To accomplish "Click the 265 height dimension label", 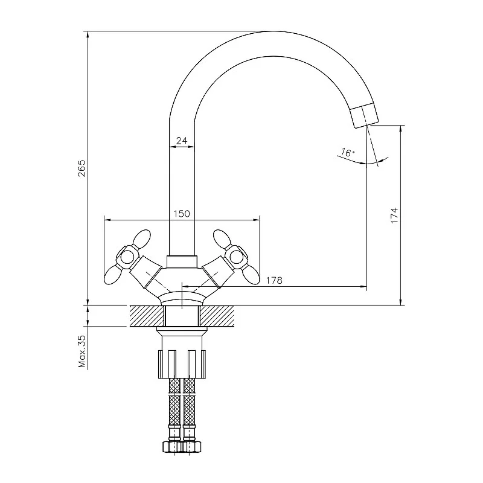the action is click(x=82, y=168).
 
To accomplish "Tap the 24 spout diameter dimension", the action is click(x=182, y=141).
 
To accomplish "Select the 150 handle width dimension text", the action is click(x=182, y=214).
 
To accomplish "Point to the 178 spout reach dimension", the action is click(x=274, y=280).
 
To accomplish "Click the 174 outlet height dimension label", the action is click(x=394, y=216).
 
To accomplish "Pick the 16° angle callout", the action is click(x=347, y=152).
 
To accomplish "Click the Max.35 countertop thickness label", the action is click(x=82, y=351).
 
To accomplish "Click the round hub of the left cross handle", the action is click(x=127, y=256).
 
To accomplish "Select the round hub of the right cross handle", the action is click(x=237, y=256).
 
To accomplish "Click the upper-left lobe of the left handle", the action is click(x=141, y=238).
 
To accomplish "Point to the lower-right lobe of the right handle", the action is click(x=250, y=275).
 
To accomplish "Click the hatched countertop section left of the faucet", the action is click(x=146, y=316).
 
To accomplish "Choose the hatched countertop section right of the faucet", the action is click(x=217, y=316).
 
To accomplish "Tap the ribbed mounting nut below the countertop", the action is click(x=182, y=364).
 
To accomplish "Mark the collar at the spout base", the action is click(x=182, y=261).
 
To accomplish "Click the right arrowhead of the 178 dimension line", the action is click(x=363, y=286).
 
